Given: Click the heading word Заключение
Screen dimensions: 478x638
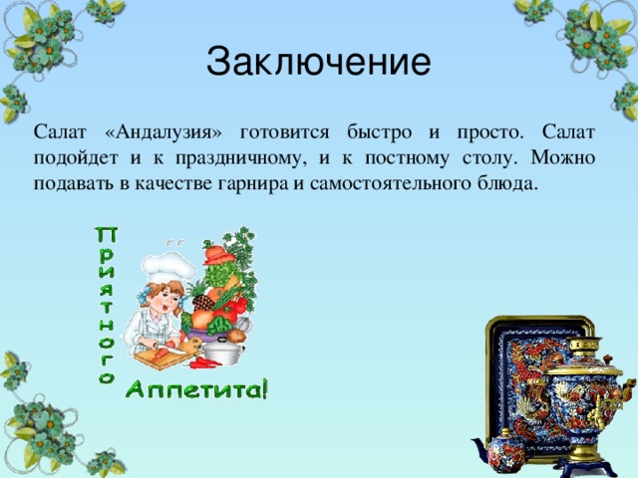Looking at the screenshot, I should coord(318,62).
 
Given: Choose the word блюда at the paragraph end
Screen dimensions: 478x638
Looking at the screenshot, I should coord(509,184).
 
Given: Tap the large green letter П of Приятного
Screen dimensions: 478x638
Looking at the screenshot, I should coord(106,235).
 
